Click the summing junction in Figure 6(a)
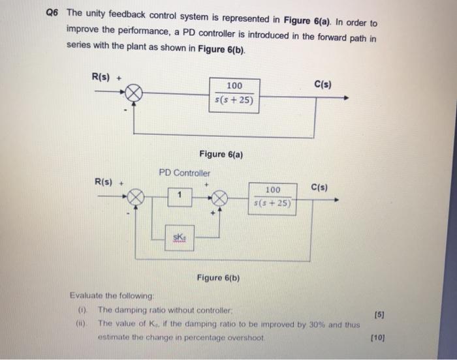point(134,95)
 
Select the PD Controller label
point(185,173)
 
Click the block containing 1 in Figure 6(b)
point(179,194)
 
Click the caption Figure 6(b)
point(218,278)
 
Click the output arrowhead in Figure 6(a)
point(345,98)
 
